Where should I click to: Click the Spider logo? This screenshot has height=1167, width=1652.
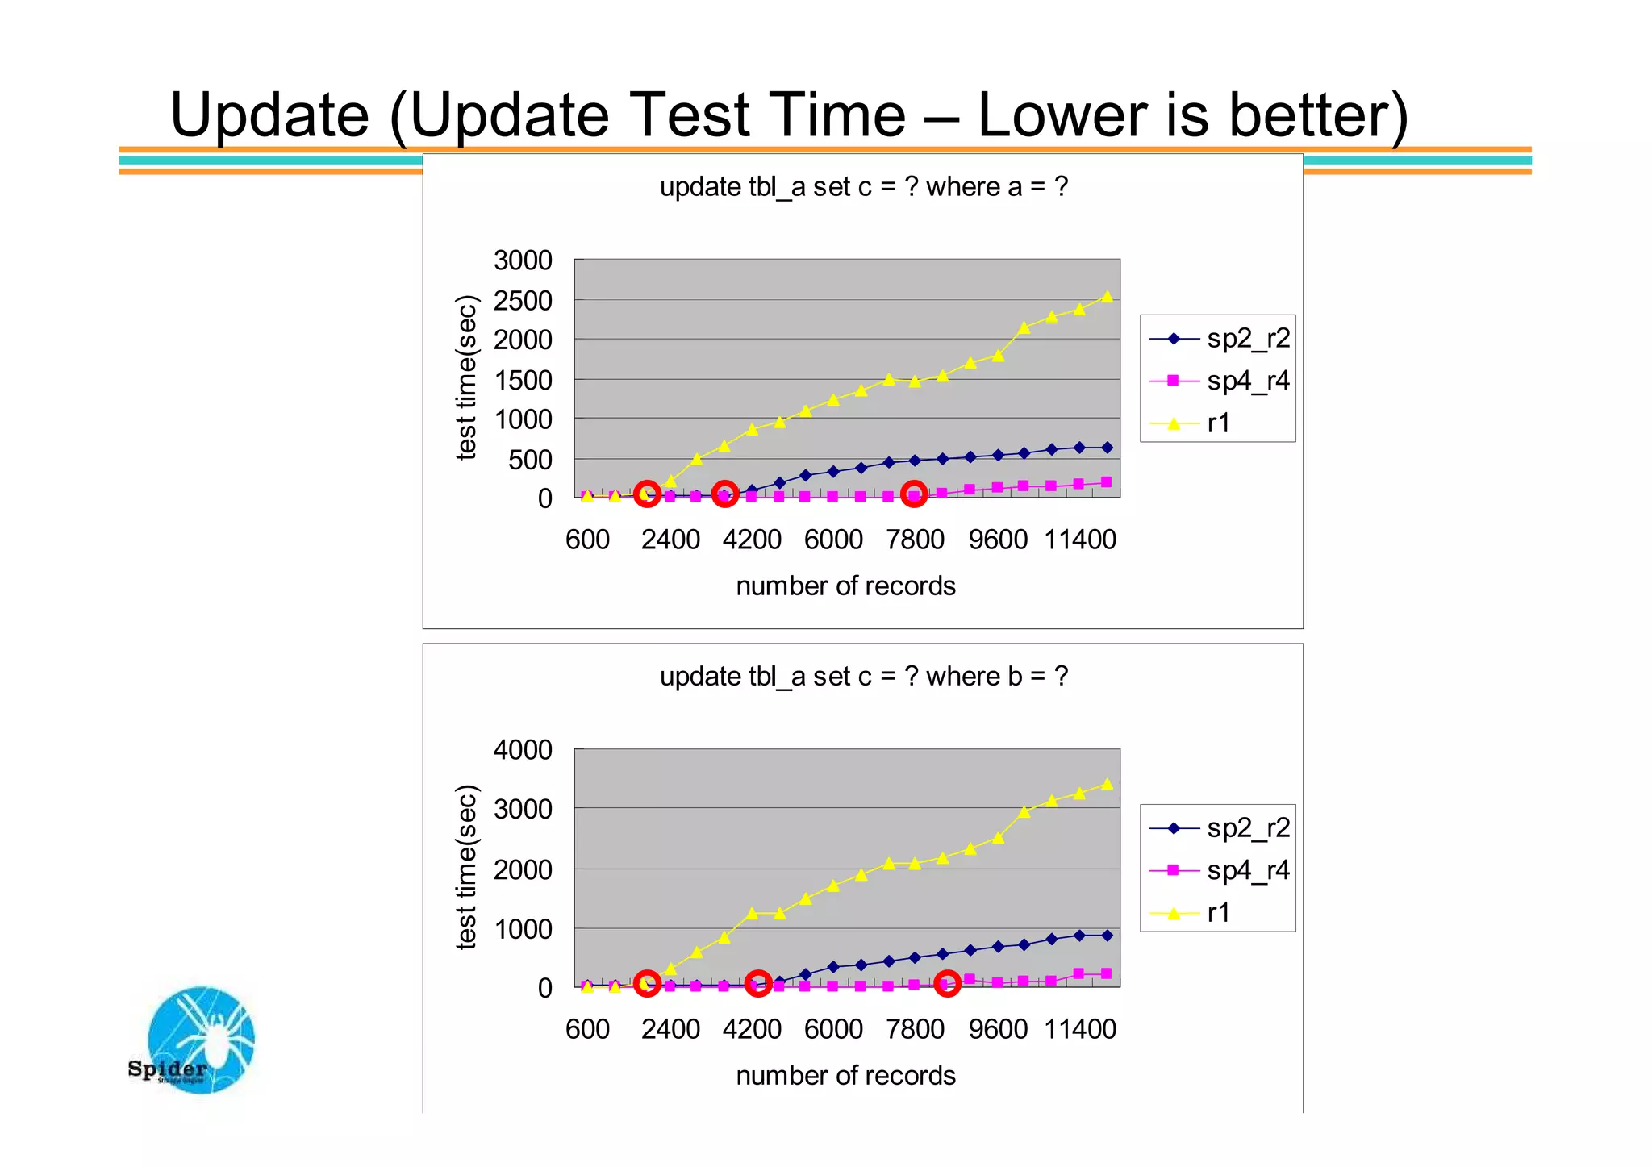[198, 1040]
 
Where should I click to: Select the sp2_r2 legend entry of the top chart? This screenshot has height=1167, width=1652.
[1218, 339]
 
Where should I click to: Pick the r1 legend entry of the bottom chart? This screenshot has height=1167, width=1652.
[1218, 913]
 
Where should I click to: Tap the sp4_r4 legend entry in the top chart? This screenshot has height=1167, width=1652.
[1218, 381]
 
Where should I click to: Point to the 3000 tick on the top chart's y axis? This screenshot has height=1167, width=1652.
[523, 260]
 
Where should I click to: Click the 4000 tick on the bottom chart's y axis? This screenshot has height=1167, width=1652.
[523, 750]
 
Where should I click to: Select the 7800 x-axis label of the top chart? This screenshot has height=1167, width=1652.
[915, 540]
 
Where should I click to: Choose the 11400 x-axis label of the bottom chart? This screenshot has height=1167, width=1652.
[1080, 1030]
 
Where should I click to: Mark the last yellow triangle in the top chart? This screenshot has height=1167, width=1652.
[1107, 297]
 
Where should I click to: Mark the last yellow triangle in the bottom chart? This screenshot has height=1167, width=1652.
[1107, 784]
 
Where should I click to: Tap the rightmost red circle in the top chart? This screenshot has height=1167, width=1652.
[914, 494]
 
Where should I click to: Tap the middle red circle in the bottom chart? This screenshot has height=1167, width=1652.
[757, 983]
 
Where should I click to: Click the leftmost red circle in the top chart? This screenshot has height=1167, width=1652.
[647, 494]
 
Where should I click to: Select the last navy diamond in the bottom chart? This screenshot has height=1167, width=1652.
[1107, 936]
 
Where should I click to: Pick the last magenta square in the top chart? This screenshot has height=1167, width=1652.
[1107, 482]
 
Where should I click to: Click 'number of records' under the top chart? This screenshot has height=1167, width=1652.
[845, 586]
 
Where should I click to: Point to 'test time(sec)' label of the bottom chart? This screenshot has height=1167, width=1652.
[467, 867]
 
